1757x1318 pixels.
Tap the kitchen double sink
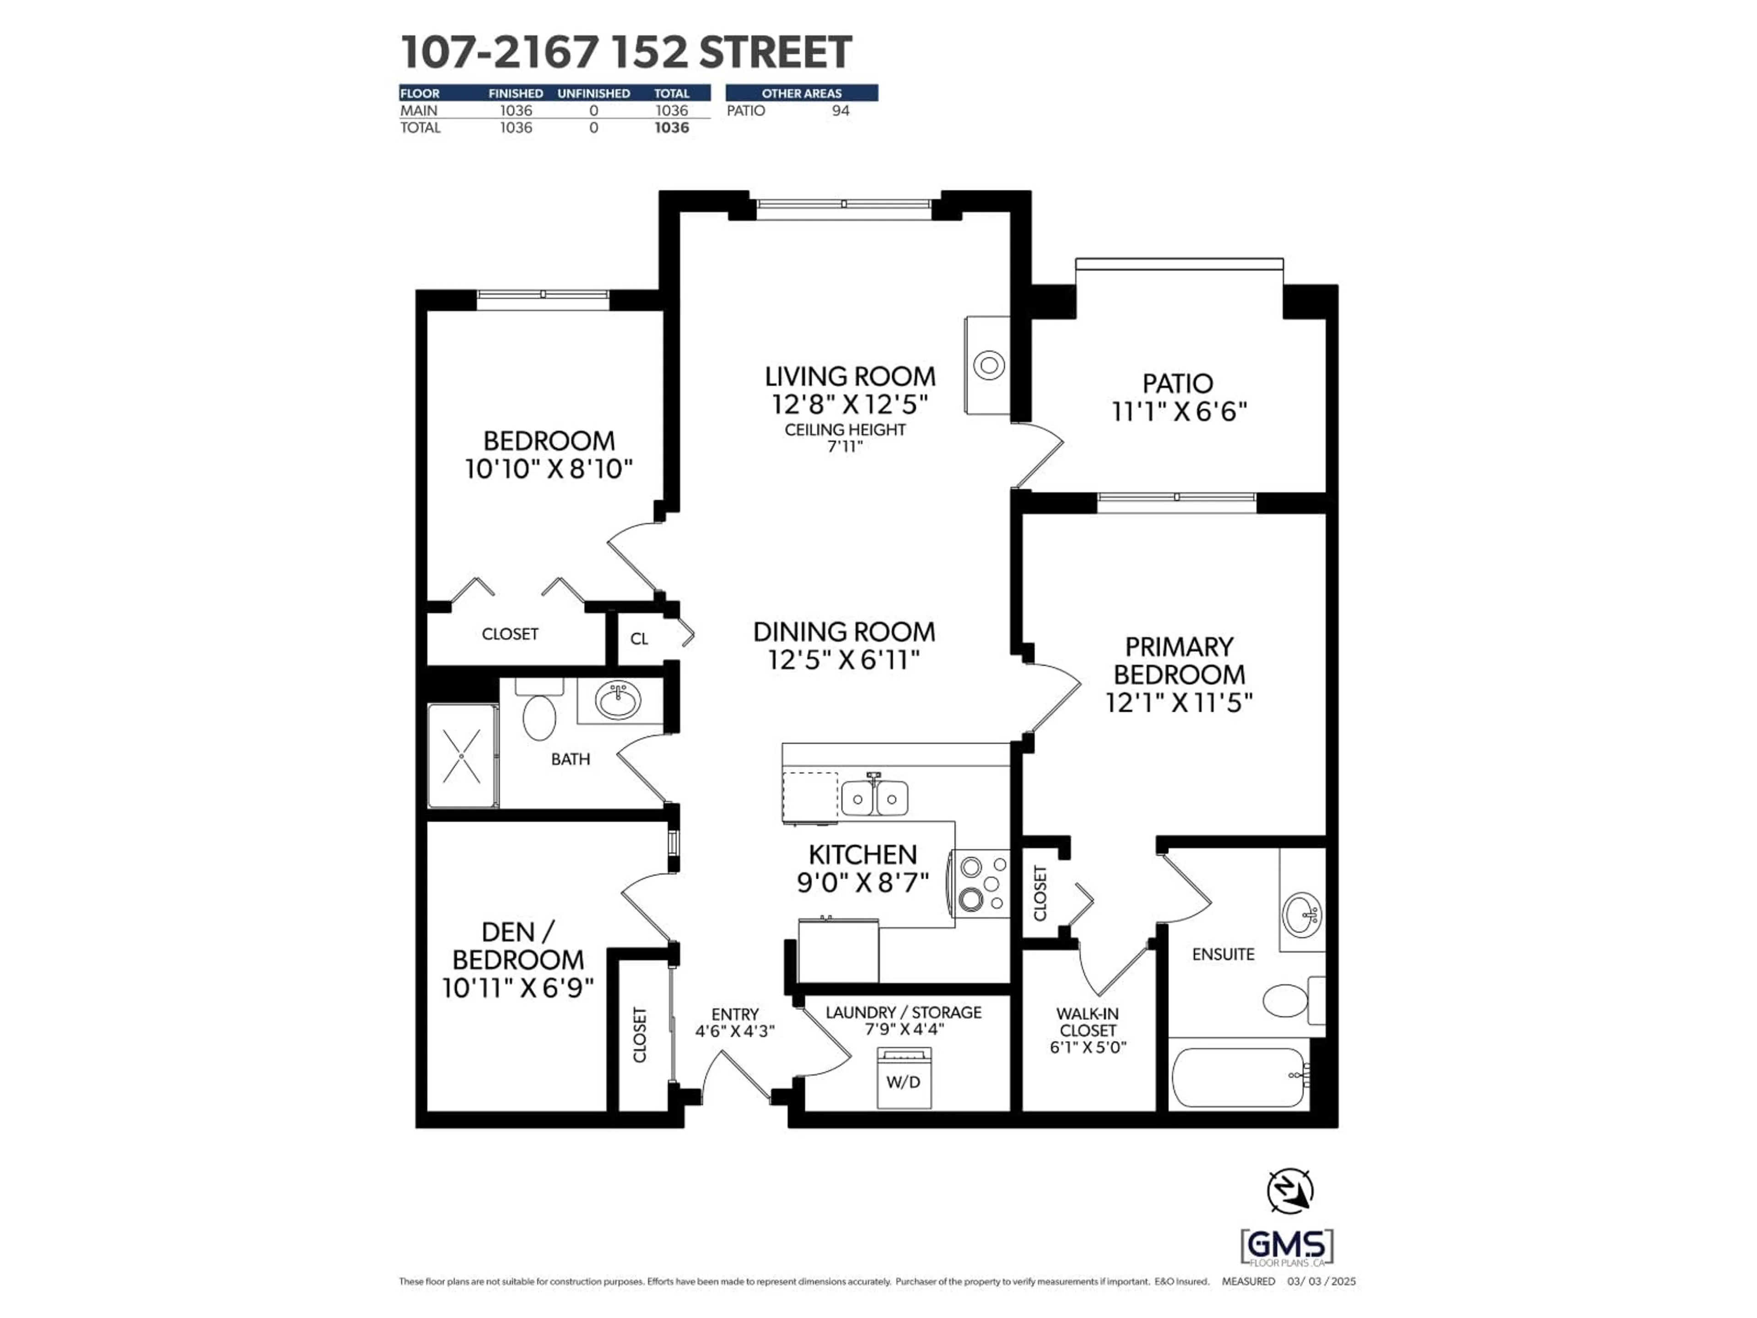pos(874,799)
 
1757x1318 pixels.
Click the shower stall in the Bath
pos(462,756)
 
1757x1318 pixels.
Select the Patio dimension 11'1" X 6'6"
pos(1179,411)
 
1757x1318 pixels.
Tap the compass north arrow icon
pos(1289,1191)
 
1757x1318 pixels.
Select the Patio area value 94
pos(841,110)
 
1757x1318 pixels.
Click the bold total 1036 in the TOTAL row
pos(671,128)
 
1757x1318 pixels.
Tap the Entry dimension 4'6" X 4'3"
pos(735,1031)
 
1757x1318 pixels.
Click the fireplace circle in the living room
pos(989,366)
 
